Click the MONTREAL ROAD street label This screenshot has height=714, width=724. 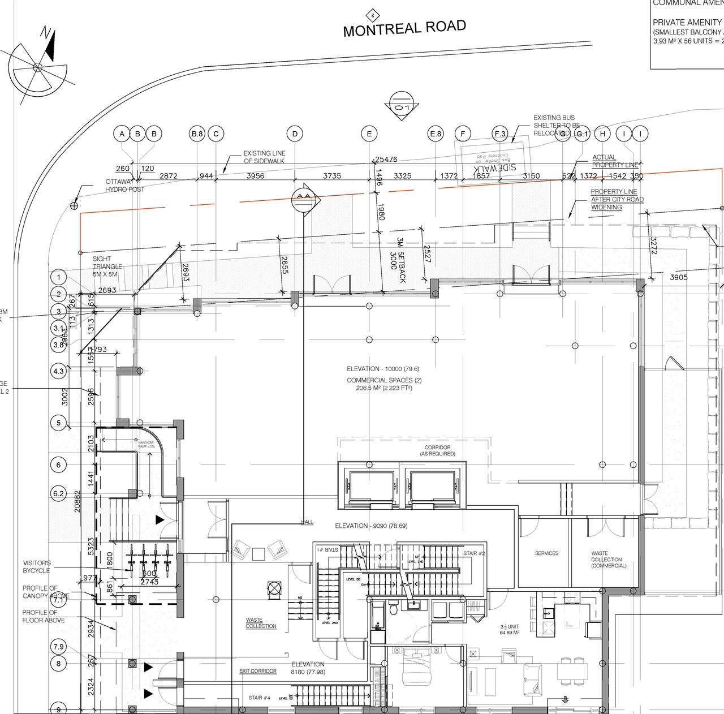pos(404,28)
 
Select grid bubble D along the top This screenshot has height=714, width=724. pos(295,134)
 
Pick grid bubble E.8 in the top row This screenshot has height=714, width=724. pos(436,134)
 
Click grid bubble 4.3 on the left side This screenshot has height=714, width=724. pos(58,372)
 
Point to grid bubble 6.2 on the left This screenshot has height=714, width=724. pos(58,493)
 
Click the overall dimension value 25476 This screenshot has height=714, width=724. pos(386,160)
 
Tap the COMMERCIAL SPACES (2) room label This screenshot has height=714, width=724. pos(384,380)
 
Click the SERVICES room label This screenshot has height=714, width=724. pos(546,553)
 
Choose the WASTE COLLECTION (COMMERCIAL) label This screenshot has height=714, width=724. pos(609,560)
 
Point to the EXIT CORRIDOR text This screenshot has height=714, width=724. pos(258,671)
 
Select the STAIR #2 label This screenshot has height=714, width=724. pos(474,553)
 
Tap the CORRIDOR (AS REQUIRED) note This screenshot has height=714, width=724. pos(437,450)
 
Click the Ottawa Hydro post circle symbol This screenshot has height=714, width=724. pos(74,206)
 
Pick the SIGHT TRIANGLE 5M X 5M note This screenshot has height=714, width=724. pos(107,266)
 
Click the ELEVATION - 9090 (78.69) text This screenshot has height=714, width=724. pos(371,526)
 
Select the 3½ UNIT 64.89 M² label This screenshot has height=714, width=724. pos(509,630)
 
